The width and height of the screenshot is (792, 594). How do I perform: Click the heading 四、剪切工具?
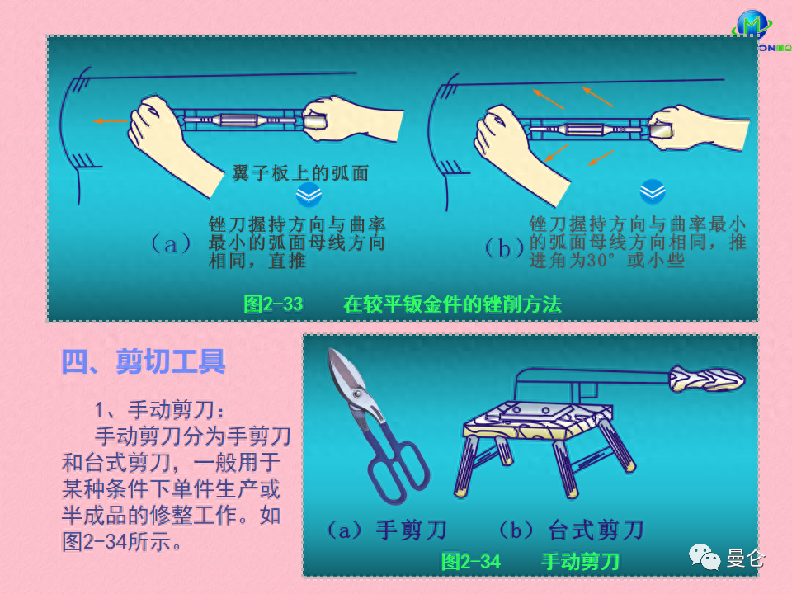pos(143,361)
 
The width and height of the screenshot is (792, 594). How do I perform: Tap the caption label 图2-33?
pos(273,304)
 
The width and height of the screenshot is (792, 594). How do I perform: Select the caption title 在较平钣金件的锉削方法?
pos(452,304)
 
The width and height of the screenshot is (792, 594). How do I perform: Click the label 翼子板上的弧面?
pos(300,173)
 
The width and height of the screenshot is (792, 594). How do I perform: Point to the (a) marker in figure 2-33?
pos(172,244)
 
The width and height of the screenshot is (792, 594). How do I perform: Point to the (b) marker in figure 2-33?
pos(504,248)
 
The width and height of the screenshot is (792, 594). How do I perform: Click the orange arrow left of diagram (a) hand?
pos(110,120)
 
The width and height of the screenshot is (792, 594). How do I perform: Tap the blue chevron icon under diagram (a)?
pos(309,195)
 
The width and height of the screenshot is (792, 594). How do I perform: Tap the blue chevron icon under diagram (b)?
pos(653,191)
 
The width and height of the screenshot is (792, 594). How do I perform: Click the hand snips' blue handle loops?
pos(399,469)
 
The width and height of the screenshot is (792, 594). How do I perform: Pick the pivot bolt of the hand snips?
pos(357,393)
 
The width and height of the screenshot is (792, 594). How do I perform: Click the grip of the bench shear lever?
pos(707,379)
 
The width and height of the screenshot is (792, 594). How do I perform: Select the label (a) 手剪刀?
pos(387,530)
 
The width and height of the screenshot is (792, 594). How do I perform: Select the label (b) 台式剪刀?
pos(571,530)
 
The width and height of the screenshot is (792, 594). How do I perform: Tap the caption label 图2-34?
pos(471,562)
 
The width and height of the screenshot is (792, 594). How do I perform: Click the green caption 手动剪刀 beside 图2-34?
pos(580,562)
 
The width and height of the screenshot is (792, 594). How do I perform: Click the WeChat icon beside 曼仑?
pos(705,557)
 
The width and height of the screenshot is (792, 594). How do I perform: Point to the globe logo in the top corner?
pos(752,23)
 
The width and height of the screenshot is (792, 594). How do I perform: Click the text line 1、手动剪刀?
pos(159,410)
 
